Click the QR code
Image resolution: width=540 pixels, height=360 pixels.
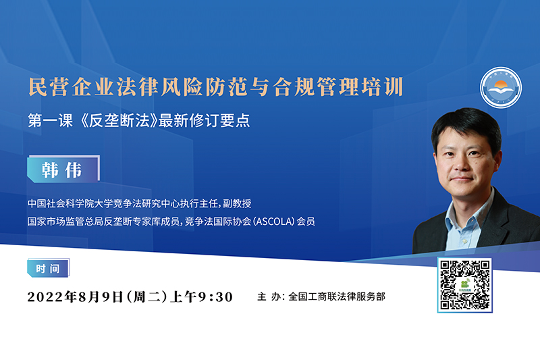coord(465,285)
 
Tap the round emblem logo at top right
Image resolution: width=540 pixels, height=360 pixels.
coord(501,88)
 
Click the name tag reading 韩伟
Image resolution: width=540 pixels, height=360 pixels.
coord(63,169)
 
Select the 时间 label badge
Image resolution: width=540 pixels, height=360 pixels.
coord(48,268)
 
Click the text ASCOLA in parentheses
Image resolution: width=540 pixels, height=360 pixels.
coord(274,222)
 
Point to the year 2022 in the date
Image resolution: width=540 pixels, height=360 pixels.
coord(46,297)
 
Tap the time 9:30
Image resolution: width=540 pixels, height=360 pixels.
coord(215,297)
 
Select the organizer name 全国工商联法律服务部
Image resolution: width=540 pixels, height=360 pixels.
coord(336,297)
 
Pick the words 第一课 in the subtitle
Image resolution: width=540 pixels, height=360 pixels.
coord(50,121)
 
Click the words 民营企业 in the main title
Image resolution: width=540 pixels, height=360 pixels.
coord(72,87)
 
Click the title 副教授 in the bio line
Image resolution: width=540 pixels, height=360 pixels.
coord(237,203)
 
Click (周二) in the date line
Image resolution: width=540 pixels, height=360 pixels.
coord(147,297)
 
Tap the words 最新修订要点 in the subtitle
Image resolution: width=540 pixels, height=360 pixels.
coord(205,121)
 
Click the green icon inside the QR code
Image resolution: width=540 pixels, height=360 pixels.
coord(465,285)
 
